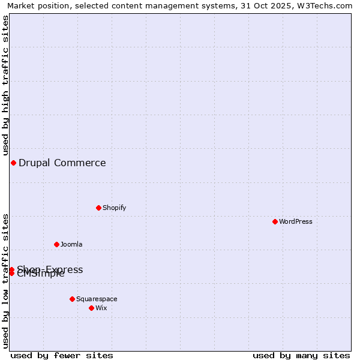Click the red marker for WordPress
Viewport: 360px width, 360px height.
(275, 221)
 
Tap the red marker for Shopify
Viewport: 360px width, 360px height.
(98, 208)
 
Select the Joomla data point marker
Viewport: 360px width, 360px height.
(56, 244)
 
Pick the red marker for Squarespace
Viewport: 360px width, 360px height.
(72, 299)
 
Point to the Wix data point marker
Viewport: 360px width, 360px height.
(91, 308)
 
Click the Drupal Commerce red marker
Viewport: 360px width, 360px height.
(13, 163)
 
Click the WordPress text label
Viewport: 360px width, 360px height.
(296, 221)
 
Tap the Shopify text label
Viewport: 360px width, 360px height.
(114, 208)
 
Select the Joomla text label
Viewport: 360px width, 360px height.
(71, 244)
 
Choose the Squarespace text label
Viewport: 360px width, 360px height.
(97, 299)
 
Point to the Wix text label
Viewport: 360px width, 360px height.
(101, 308)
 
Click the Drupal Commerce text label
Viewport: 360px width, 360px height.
(62, 163)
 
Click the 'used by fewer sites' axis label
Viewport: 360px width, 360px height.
(62, 355)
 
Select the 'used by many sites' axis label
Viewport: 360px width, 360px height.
(301, 355)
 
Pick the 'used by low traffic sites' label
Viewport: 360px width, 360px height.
(5, 281)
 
